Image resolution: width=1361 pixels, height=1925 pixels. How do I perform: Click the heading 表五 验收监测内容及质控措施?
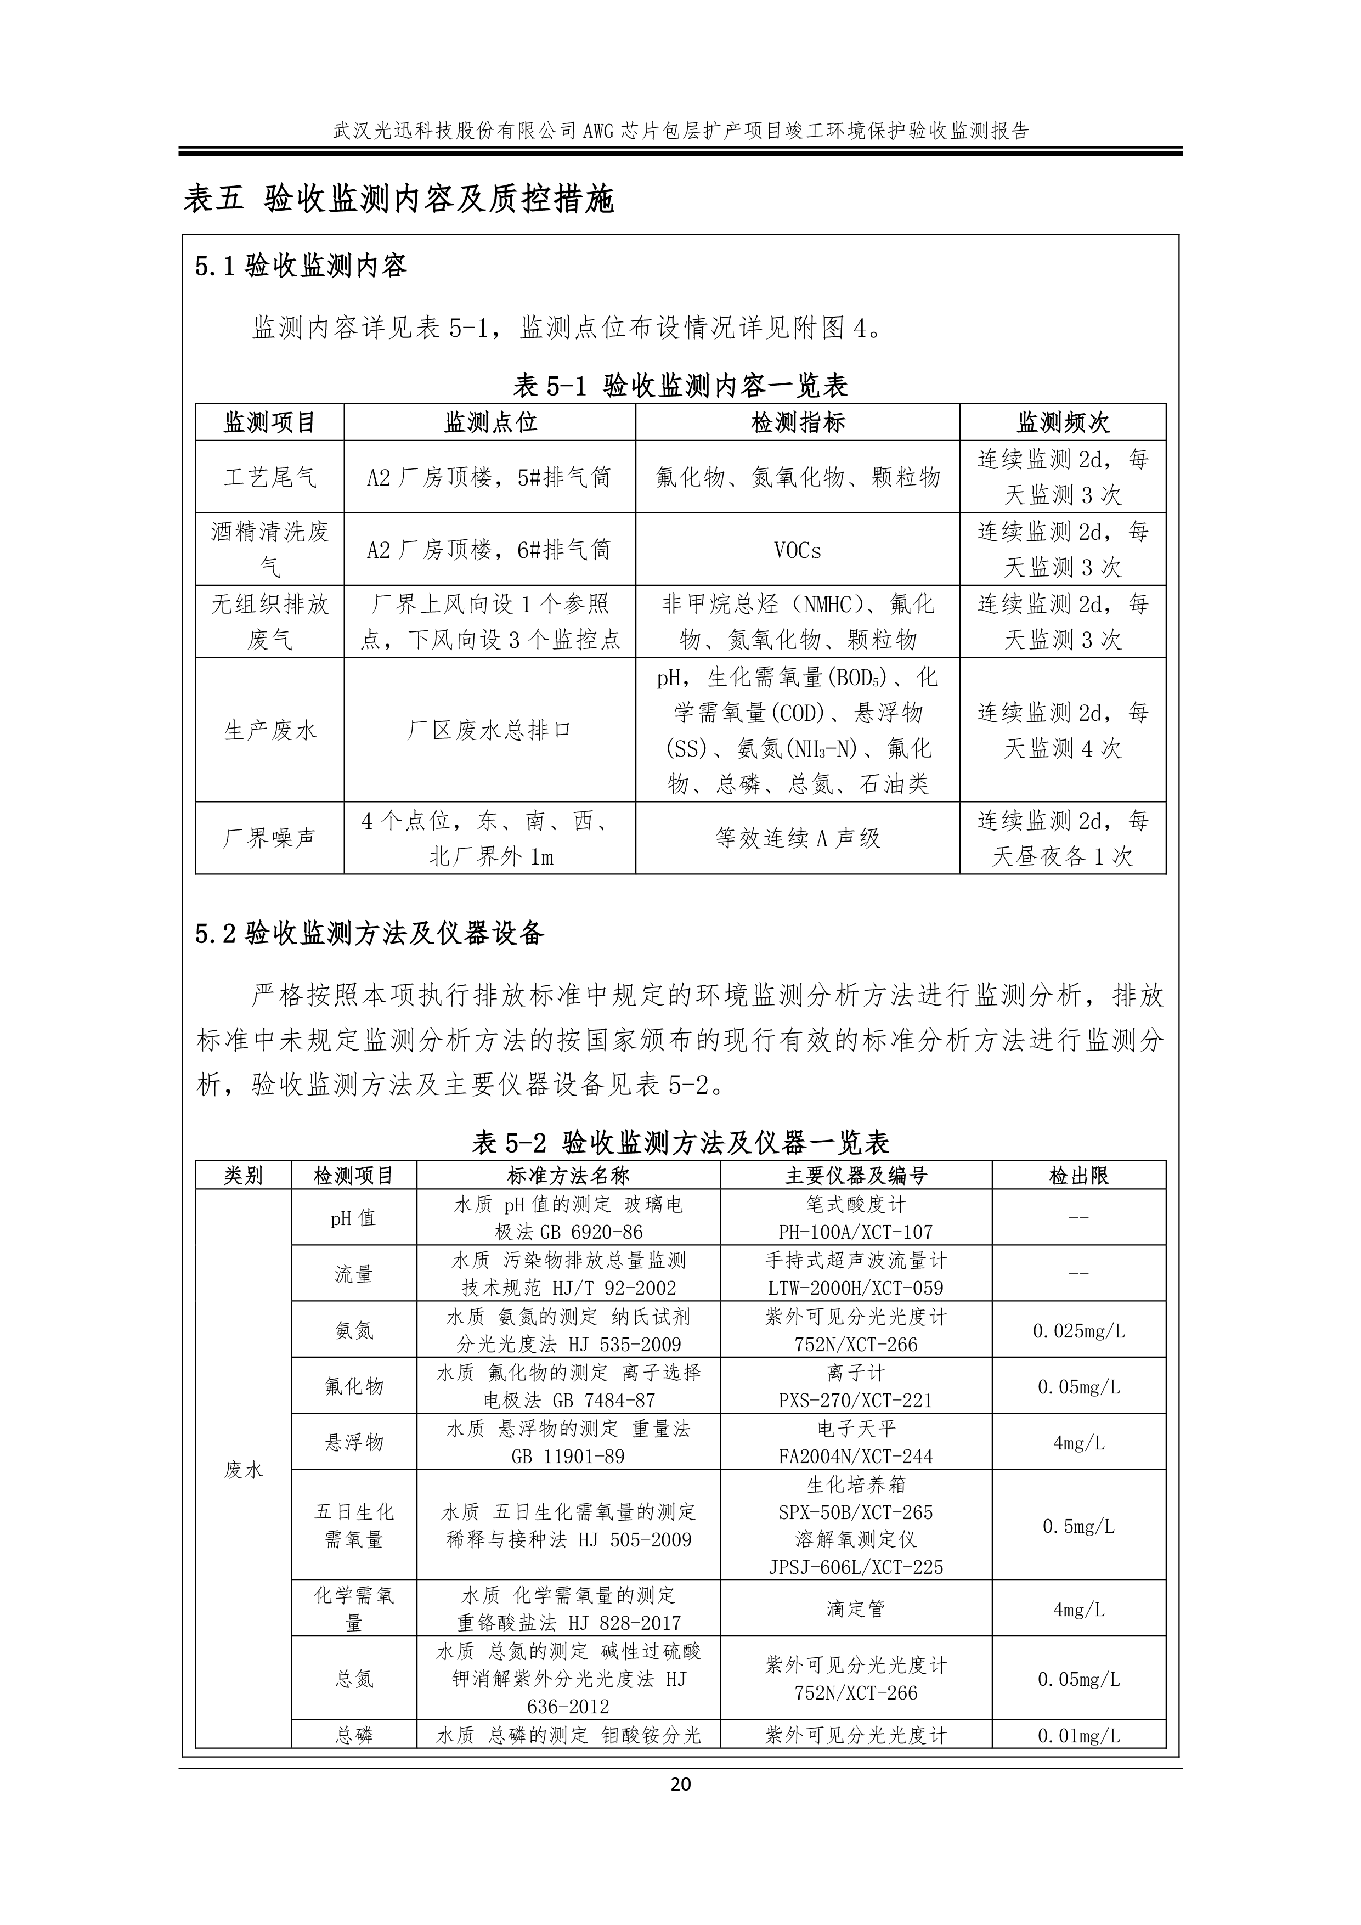click(x=399, y=199)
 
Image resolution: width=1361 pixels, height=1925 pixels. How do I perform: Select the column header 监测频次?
click(x=1063, y=422)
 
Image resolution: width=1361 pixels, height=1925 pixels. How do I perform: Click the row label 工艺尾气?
click(x=269, y=477)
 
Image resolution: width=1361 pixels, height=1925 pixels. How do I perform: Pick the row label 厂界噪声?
click(x=269, y=838)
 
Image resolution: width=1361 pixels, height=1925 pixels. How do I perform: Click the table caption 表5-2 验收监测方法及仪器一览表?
click(x=680, y=1142)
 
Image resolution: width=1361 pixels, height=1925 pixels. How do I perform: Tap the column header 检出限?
click(x=1078, y=1176)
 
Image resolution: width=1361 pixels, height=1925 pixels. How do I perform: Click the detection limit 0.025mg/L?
click(x=1078, y=1330)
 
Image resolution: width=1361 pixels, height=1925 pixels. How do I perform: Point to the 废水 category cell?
click(x=243, y=1469)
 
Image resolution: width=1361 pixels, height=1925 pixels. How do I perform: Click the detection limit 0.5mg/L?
click(x=1078, y=1526)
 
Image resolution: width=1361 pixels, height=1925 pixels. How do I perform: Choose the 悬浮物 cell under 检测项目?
click(x=354, y=1442)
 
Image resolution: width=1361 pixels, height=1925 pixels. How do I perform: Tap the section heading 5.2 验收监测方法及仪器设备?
click(x=369, y=933)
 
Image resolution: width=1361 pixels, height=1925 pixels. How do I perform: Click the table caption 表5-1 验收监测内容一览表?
click(x=680, y=386)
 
